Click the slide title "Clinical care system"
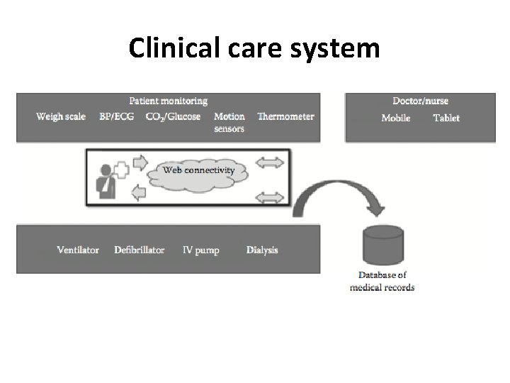254,49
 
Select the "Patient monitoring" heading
168,101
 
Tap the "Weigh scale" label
61,116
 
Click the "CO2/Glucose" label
173,116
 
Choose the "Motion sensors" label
229,122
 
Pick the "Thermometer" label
285,116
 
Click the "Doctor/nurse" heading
420,101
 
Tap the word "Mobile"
395,118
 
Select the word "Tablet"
446,118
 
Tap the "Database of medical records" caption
382,281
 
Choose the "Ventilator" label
78,250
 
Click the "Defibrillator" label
139,250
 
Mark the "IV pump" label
201,250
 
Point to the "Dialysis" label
262,250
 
